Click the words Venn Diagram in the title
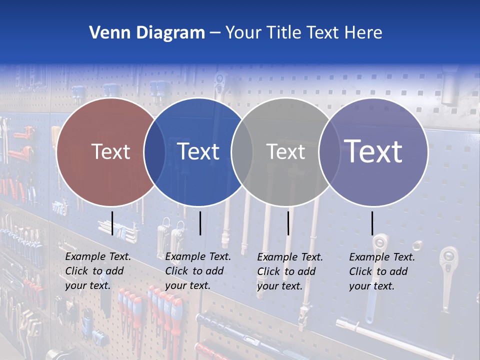pos(147,33)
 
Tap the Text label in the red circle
pos(110,151)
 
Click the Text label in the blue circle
pos(198,151)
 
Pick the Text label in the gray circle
pos(285,151)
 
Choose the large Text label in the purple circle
pos(373,151)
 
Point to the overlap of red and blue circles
pos(154,152)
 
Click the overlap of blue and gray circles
pos(242,152)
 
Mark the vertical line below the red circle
pos(112,223)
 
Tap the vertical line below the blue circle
pos(200,223)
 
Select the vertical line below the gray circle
pos(288,223)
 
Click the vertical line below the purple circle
pos(372,223)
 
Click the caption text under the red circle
pos(98,271)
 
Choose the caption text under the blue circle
pos(198,271)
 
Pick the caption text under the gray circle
pos(290,271)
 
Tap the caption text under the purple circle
pos(382,271)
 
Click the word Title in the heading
pos(285,33)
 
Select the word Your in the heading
pos(243,33)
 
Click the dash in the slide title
pos(215,33)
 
